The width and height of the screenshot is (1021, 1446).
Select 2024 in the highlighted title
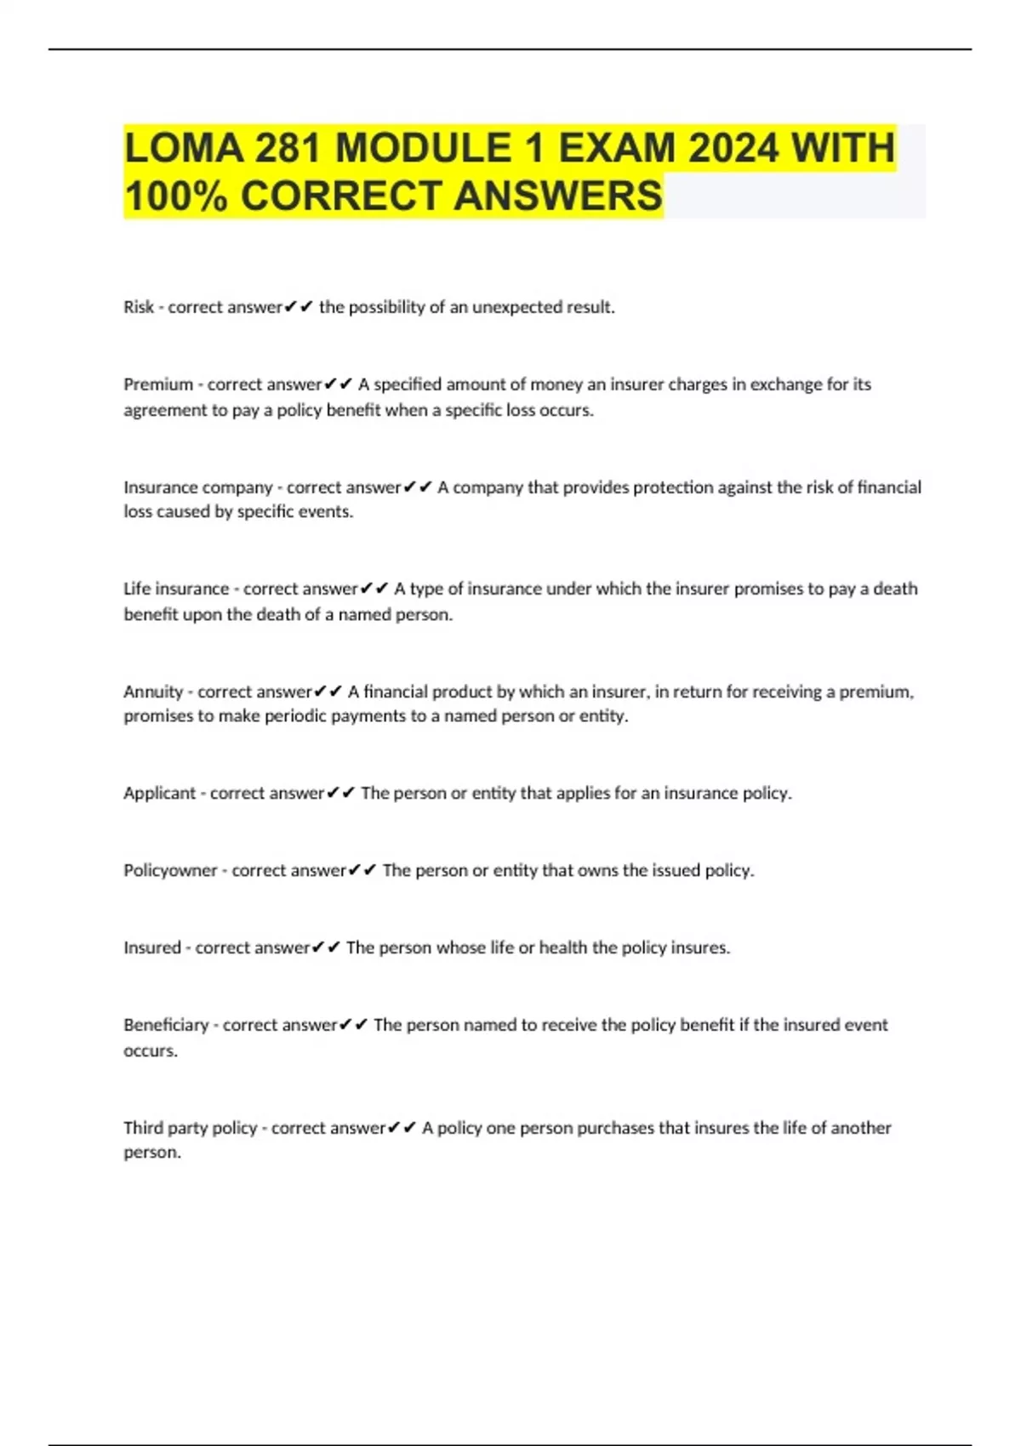coord(733,149)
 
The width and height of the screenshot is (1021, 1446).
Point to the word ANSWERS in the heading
coord(557,196)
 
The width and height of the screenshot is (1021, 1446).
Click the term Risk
coord(139,307)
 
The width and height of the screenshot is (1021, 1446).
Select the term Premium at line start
coord(158,384)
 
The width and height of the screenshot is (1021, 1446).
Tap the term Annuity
coord(153,692)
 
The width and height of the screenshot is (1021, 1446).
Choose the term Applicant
coord(159,793)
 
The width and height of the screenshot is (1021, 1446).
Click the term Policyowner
coord(170,870)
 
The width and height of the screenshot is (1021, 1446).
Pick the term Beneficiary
coord(166,1025)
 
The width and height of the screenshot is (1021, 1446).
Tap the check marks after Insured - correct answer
coord(327,948)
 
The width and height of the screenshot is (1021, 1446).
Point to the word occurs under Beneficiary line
coord(151,1050)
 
